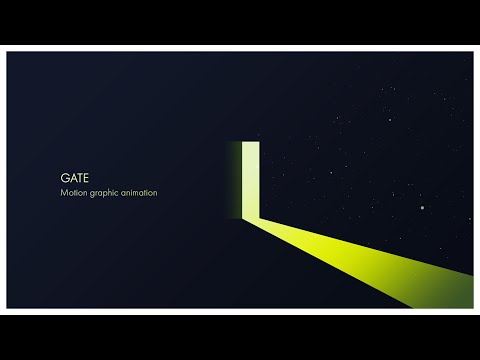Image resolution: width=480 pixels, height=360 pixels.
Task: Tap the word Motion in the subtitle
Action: pyautogui.click(x=76, y=192)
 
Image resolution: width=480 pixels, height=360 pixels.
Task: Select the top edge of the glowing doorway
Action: pyautogui.click(x=252, y=141)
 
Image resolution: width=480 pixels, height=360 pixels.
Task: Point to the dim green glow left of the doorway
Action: pyautogui.click(x=237, y=177)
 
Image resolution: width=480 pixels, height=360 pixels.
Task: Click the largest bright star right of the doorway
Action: pyautogui.click(x=423, y=208)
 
